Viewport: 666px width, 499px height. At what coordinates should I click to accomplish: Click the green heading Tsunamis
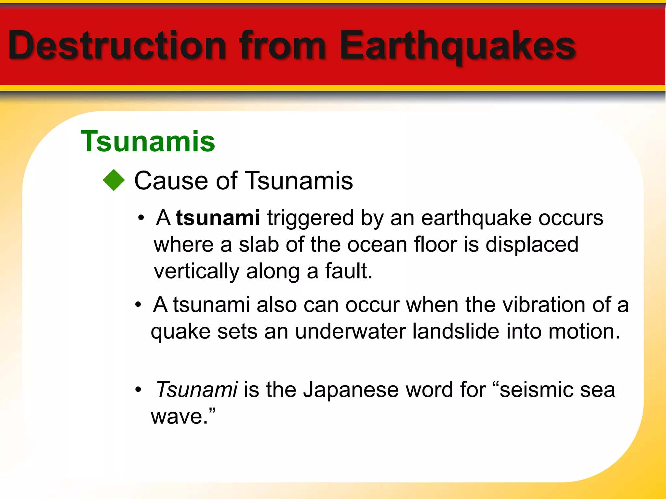(148, 141)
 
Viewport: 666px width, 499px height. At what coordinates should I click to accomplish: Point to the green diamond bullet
(114, 180)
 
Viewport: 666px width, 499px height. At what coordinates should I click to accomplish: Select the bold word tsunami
(218, 218)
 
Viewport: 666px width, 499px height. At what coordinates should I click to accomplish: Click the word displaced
(532, 244)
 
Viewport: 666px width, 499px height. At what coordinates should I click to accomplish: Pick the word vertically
(196, 272)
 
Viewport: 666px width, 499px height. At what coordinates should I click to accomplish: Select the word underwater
(351, 331)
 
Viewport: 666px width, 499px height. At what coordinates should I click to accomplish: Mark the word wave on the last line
(177, 416)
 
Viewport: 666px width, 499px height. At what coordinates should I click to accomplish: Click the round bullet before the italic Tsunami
(139, 390)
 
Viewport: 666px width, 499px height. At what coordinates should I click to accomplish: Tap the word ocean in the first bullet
(377, 245)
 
